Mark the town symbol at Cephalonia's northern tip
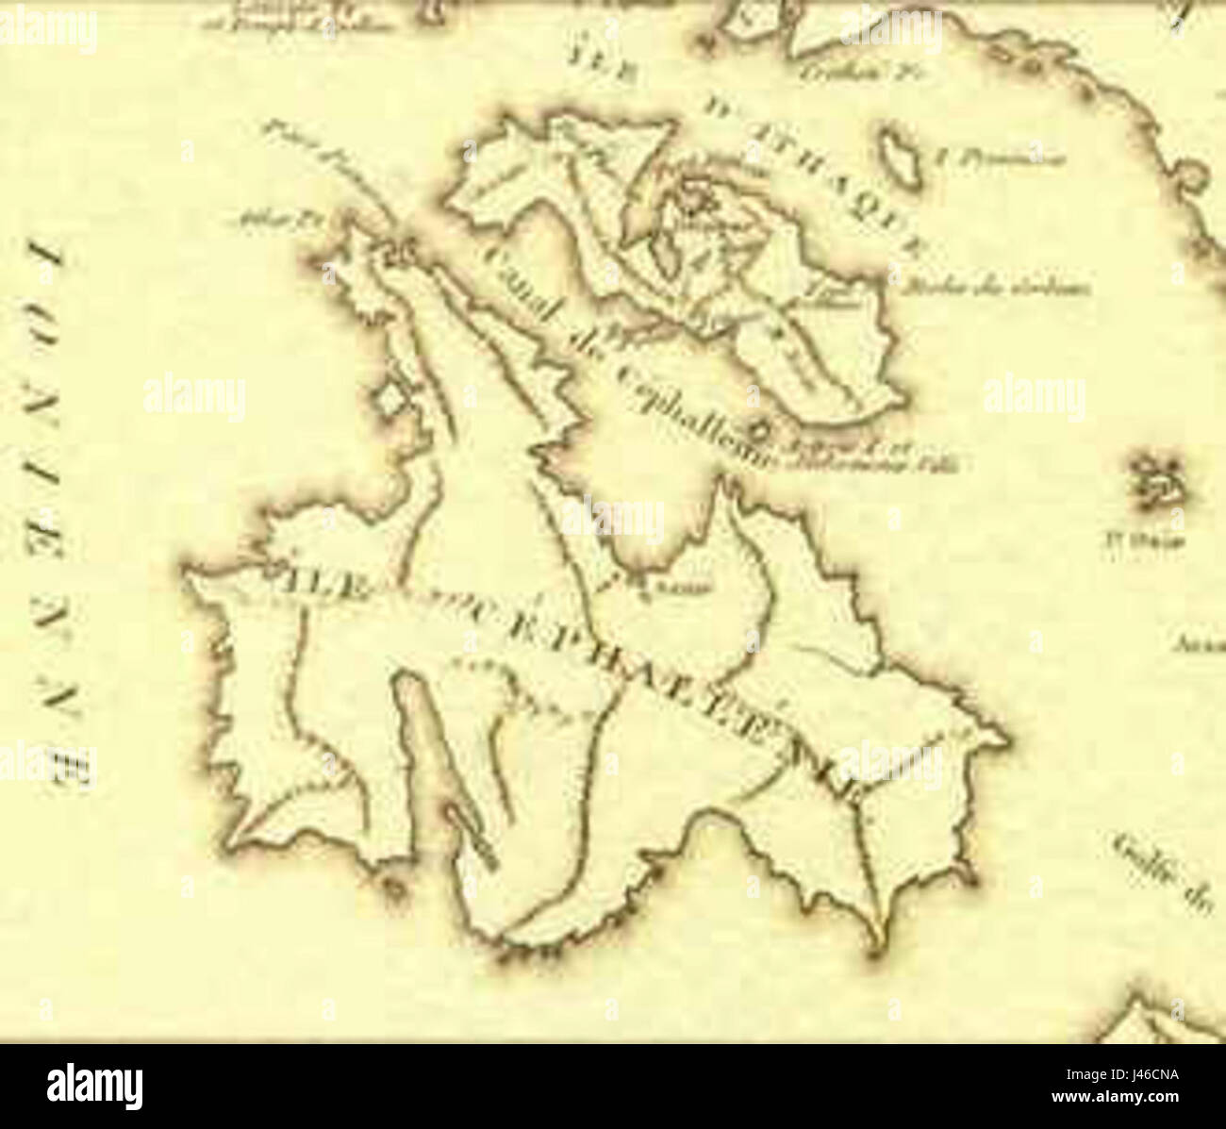point(401,251)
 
